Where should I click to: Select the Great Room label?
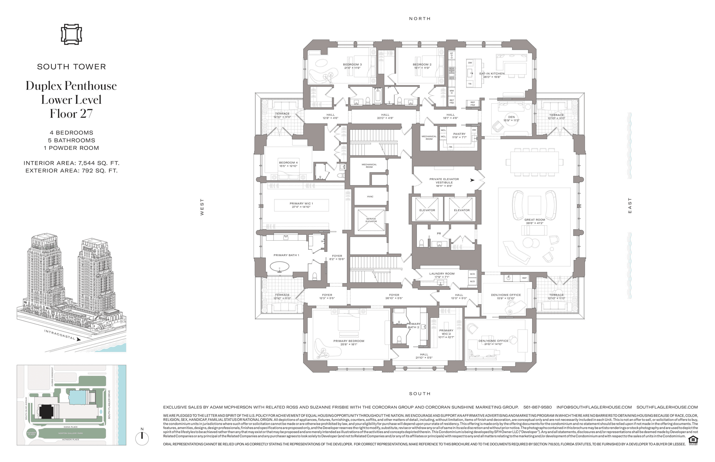coord(534,221)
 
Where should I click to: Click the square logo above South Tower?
coord(71,35)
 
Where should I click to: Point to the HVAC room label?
coord(370,197)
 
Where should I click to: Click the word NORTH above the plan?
coord(420,19)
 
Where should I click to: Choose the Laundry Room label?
coord(442,275)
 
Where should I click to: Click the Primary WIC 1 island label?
coord(301,205)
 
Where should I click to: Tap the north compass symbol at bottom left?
coord(142,438)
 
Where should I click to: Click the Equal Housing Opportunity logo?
coord(693,440)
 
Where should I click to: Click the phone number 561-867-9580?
coord(537,407)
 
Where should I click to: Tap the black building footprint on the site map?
coord(45,411)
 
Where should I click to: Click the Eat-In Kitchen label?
coord(491,75)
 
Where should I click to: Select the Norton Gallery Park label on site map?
coord(71,433)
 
